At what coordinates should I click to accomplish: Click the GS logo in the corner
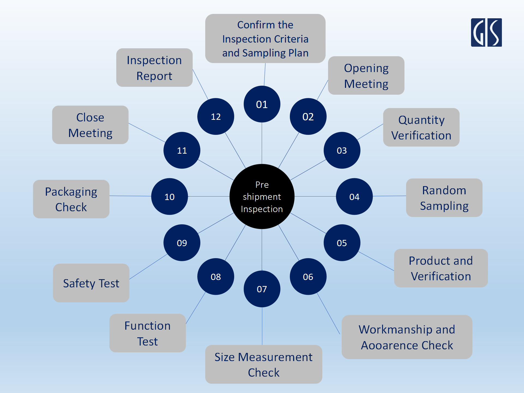[486, 32]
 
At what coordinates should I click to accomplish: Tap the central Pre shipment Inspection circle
[262, 196]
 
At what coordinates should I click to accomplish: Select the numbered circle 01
[262, 104]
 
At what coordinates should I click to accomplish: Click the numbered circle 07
[262, 289]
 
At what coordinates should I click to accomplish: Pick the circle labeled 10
[169, 196]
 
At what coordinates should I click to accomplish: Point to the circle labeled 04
[354, 196]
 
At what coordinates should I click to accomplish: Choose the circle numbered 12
[216, 117]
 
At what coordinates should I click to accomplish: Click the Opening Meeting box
[366, 76]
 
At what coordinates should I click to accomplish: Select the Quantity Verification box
[421, 127]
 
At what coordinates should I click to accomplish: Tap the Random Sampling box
[444, 198]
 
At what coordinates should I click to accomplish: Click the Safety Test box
[91, 283]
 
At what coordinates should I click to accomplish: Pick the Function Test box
[147, 333]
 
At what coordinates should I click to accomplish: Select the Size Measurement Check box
[263, 364]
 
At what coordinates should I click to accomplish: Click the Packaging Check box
[71, 199]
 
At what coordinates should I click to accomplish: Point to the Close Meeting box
[90, 125]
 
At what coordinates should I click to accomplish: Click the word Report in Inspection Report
[154, 76]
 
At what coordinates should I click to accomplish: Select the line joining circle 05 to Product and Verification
[376, 261]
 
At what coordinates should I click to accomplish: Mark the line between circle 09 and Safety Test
[148, 267]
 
